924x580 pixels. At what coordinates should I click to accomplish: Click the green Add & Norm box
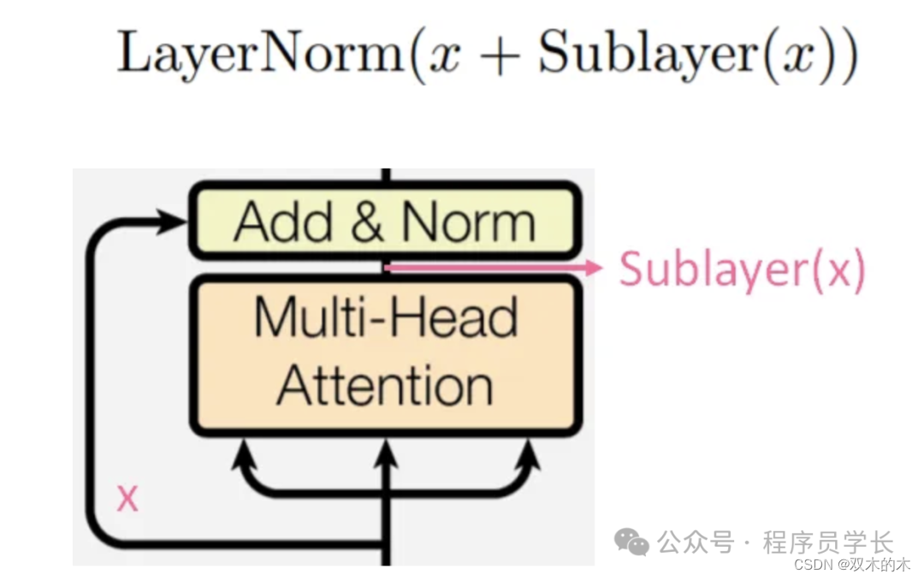click(384, 222)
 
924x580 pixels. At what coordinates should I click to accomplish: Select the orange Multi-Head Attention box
click(384, 356)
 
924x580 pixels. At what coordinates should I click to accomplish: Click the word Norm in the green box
click(469, 222)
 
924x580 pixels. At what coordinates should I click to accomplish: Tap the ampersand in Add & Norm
click(366, 222)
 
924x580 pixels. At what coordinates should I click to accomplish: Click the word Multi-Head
click(386, 318)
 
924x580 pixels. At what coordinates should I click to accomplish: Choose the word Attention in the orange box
click(385, 386)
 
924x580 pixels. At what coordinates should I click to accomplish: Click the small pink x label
click(127, 498)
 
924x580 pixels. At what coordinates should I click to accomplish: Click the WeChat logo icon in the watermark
click(633, 541)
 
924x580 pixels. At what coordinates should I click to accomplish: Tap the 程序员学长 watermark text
click(828, 542)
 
